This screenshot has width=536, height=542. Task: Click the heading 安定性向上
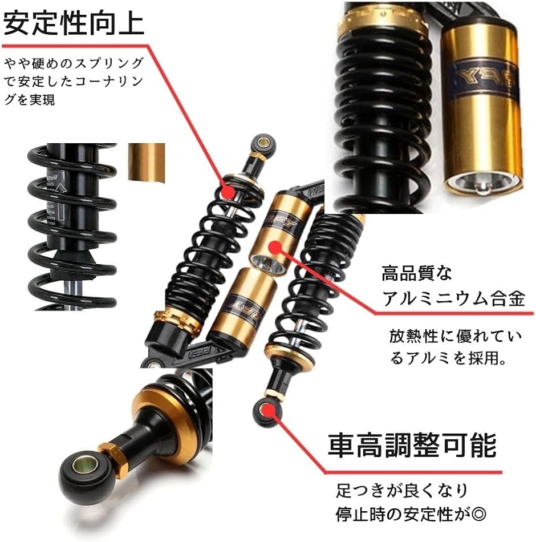[x=74, y=24]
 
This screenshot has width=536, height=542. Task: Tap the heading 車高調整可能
[x=412, y=445]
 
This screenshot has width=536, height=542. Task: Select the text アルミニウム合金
[x=454, y=298]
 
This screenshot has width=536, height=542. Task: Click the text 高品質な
[x=417, y=273]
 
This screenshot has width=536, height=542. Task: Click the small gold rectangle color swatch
[x=146, y=162]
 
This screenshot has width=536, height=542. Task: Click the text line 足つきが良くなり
[x=402, y=490]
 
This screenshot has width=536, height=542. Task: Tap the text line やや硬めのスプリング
[x=74, y=63]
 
